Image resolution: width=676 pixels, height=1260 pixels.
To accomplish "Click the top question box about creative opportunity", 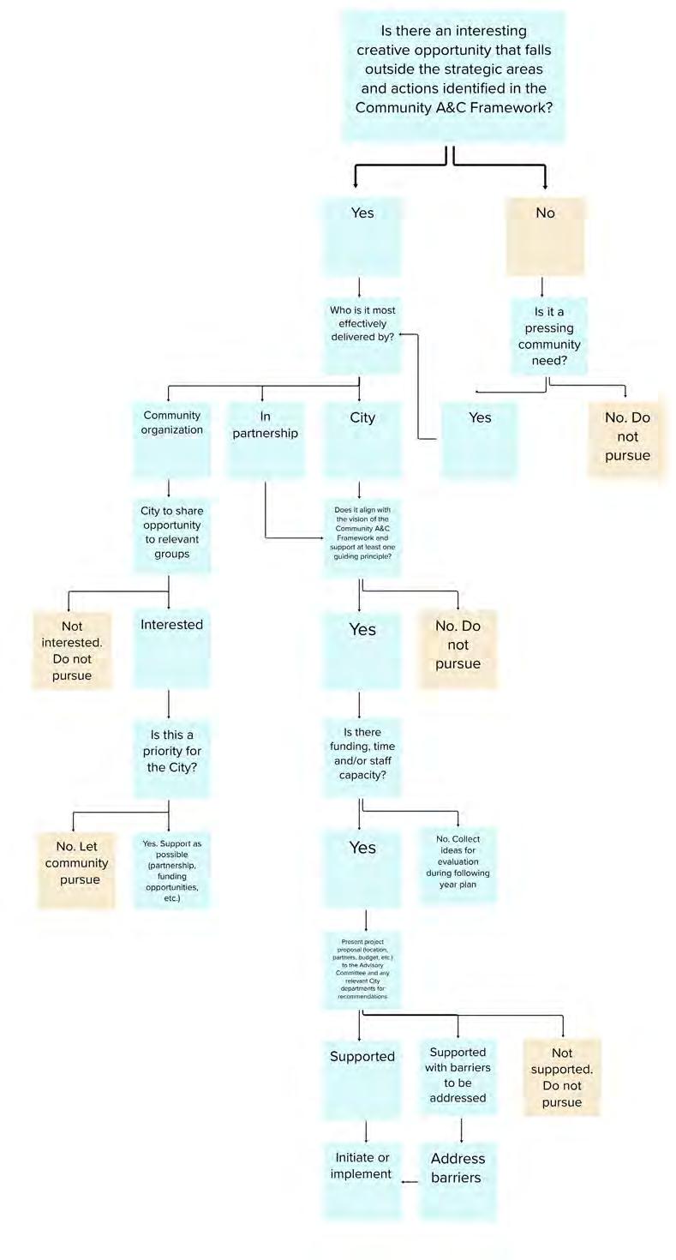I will click(x=453, y=75).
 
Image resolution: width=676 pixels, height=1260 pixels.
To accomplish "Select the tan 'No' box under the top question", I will click(x=545, y=236).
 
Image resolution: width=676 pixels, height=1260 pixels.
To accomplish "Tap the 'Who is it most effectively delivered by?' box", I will click(x=362, y=334).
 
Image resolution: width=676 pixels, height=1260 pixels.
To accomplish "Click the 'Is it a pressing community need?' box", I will click(x=549, y=335).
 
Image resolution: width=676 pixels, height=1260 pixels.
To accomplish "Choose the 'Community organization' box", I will click(x=171, y=439).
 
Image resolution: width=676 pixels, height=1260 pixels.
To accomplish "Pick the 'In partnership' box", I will click(x=266, y=439).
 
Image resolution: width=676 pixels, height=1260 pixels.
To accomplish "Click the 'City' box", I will click(x=362, y=439).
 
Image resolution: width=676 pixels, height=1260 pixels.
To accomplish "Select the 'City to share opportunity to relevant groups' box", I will click(x=171, y=536).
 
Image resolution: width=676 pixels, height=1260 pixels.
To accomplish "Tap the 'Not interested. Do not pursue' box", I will click(x=73, y=650).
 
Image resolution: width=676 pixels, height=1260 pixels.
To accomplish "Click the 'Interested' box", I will click(x=171, y=649).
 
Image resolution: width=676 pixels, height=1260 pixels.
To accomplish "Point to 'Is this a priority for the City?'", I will click(x=171, y=759).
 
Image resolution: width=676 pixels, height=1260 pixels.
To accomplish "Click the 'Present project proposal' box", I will click(x=362, y=969).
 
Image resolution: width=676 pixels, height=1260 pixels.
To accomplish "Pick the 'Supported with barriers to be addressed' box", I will click(x=458, y=1076).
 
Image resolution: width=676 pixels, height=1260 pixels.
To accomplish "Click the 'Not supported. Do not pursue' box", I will click(x=562, y=1077).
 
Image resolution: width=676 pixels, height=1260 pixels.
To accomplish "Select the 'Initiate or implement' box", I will click(x=362, y=1179).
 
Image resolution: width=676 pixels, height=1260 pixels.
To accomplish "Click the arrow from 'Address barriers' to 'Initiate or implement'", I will click(x=410, y=1182).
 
